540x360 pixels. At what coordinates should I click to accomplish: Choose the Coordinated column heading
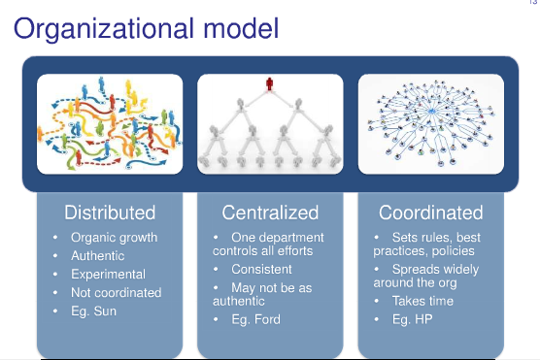pos(430,213)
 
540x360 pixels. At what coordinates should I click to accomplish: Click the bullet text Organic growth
pos(114,237)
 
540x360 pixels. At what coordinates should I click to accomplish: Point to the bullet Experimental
pos(109,274)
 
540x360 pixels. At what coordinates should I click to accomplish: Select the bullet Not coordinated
pos(116,292)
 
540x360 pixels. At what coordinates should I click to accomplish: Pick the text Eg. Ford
pos(258,319)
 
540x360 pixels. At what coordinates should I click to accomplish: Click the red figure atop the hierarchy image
pos(269,84)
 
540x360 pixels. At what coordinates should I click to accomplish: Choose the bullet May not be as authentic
pos(263,294)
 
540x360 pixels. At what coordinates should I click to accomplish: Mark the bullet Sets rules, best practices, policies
pos(427,245)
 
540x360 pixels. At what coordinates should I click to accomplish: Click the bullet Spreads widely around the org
pos(426,276)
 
